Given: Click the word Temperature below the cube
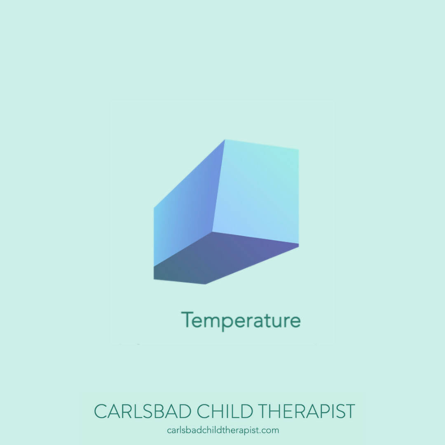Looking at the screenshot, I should (x=241, y=321).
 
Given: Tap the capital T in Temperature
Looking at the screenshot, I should (x=188, y=319).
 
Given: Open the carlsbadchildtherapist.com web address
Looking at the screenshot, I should (x=223, y=430).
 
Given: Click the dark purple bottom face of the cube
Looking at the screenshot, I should (x=222, y=258).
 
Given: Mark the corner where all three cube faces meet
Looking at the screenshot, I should (x=212, y=232).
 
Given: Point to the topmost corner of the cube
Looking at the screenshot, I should (x=225, y=140).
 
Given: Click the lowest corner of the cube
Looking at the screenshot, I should (x=206, y=284).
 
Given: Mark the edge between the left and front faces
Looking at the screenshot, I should (x=219, y=185).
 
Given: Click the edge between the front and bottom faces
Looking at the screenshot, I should (x=255, y=238).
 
